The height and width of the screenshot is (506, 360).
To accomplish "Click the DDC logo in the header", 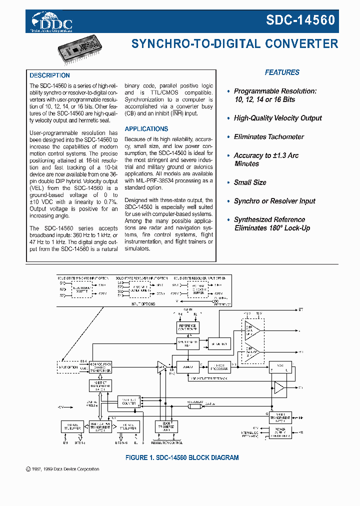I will [52, 22].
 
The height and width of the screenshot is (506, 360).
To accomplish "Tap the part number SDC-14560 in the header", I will [300, 20].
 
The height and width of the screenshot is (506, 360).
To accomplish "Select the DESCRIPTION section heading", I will [49, 75].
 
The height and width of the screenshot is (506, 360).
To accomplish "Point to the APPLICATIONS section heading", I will [146, 129].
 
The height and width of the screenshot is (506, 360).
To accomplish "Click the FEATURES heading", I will [282, 72].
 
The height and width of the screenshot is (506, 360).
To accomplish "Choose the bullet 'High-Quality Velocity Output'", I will [277, 118].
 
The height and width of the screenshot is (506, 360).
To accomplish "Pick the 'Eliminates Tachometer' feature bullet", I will [268, 136].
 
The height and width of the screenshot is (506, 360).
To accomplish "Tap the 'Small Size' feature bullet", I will [249, 182].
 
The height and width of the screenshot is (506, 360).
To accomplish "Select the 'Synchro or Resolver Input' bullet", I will [274, 201].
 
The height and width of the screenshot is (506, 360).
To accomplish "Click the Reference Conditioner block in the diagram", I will [187, 328].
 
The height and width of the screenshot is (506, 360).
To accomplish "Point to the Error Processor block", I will [219, 366].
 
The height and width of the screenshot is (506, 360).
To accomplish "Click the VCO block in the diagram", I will [279, 367].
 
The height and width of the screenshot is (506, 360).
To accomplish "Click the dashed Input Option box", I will [68, 366].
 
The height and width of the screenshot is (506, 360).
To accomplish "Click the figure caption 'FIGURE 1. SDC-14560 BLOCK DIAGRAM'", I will [181, 457].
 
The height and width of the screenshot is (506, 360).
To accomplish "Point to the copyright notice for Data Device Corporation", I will [62, 469].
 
